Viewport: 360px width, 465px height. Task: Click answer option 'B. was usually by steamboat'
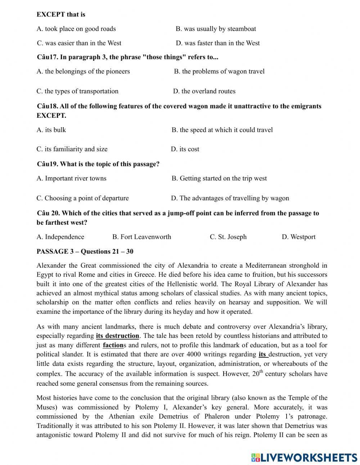click(216, 29)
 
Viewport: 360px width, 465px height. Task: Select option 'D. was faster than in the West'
click(218, 43)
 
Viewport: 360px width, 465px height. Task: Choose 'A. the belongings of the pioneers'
click(83, 71)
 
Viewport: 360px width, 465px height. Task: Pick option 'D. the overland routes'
click(204, 91)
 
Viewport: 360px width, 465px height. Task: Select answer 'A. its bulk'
click(51, 130)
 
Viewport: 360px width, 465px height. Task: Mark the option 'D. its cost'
click(185, 149)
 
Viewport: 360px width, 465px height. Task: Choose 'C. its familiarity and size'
click(72, 149)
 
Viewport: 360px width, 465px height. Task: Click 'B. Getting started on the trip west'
click(219, 178)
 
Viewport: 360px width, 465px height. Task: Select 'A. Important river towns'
click(71, 178)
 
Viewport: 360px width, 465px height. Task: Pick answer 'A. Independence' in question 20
click(60, 237)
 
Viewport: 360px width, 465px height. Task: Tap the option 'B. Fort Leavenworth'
click(141, 237)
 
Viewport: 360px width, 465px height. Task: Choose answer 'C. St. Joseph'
click(228, 237)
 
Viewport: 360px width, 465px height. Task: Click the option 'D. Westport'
click(298, 237)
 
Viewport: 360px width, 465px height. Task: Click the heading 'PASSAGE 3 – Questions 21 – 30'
click(85, 251)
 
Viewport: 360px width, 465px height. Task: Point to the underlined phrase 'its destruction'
click(117, 336)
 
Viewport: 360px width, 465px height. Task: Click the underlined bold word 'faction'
click(113, 345)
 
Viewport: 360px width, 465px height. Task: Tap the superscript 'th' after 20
click(262, 371)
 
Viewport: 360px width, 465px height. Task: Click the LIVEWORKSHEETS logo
click(304, 457)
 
